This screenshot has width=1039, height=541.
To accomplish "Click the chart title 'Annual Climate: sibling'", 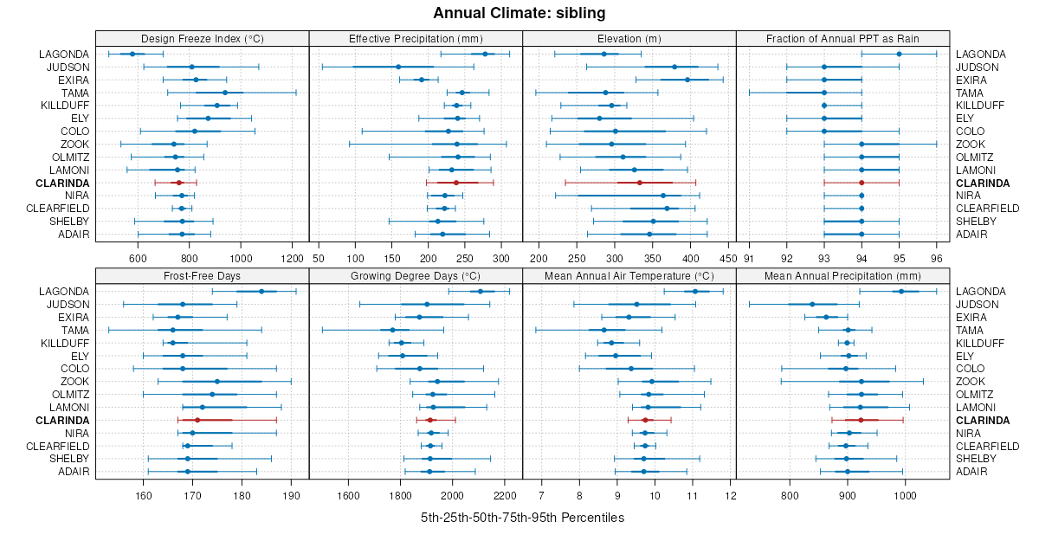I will pyautogui.click(x=519, y=13).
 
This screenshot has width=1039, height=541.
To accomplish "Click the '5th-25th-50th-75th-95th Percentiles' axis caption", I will pyautogui.click(x=522, y=518).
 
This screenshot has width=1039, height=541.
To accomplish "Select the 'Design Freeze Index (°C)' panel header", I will pyautogui.click(x=202, y=38).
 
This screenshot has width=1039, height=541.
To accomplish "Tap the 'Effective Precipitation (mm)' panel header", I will pyautogui.click(x=416, y=38).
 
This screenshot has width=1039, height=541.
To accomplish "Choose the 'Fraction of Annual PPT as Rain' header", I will pyautogui.click(x=842, y=38).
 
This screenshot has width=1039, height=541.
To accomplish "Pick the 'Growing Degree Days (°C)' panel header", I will pyautogui.click(x=416, y=275).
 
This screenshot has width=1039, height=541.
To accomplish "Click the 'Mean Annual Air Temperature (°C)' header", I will pyautogui.click(x=629, y=275).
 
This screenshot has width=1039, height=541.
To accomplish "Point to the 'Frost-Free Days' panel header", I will pyautogui.click(x=202, y=275).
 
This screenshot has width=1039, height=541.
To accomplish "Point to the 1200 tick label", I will pyautogui.click(x=292, y=258).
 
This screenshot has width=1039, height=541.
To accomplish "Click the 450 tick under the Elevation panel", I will pyautogui.click(x=727, y=258).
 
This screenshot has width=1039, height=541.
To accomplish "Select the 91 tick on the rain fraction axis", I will pyautogui.click(x=749, y=258).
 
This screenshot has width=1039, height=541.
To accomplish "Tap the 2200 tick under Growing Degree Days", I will pyautogui.click(x=505, y=495).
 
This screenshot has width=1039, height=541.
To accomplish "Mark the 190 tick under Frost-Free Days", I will pyautogui.click(x=292, y=495).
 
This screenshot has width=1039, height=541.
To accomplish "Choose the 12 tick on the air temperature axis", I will pyautogui.click(x=731, y=495).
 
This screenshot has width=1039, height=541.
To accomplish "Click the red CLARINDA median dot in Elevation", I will pyautogui.click(x=639, y=183).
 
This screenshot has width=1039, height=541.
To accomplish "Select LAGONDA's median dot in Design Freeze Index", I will pyautogui.click(x=132, y=54).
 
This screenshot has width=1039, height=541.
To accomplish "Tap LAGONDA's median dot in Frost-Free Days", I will pyautogui.click(x=261, y=291).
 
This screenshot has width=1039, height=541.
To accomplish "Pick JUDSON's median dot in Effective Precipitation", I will pyautogui.click(x=398, y=67).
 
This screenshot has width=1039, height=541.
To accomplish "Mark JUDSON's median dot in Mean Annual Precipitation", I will pyautogui.click(x=812, y=304).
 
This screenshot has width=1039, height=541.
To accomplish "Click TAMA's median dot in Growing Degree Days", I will pyautogui.click(x=392, y=330).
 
